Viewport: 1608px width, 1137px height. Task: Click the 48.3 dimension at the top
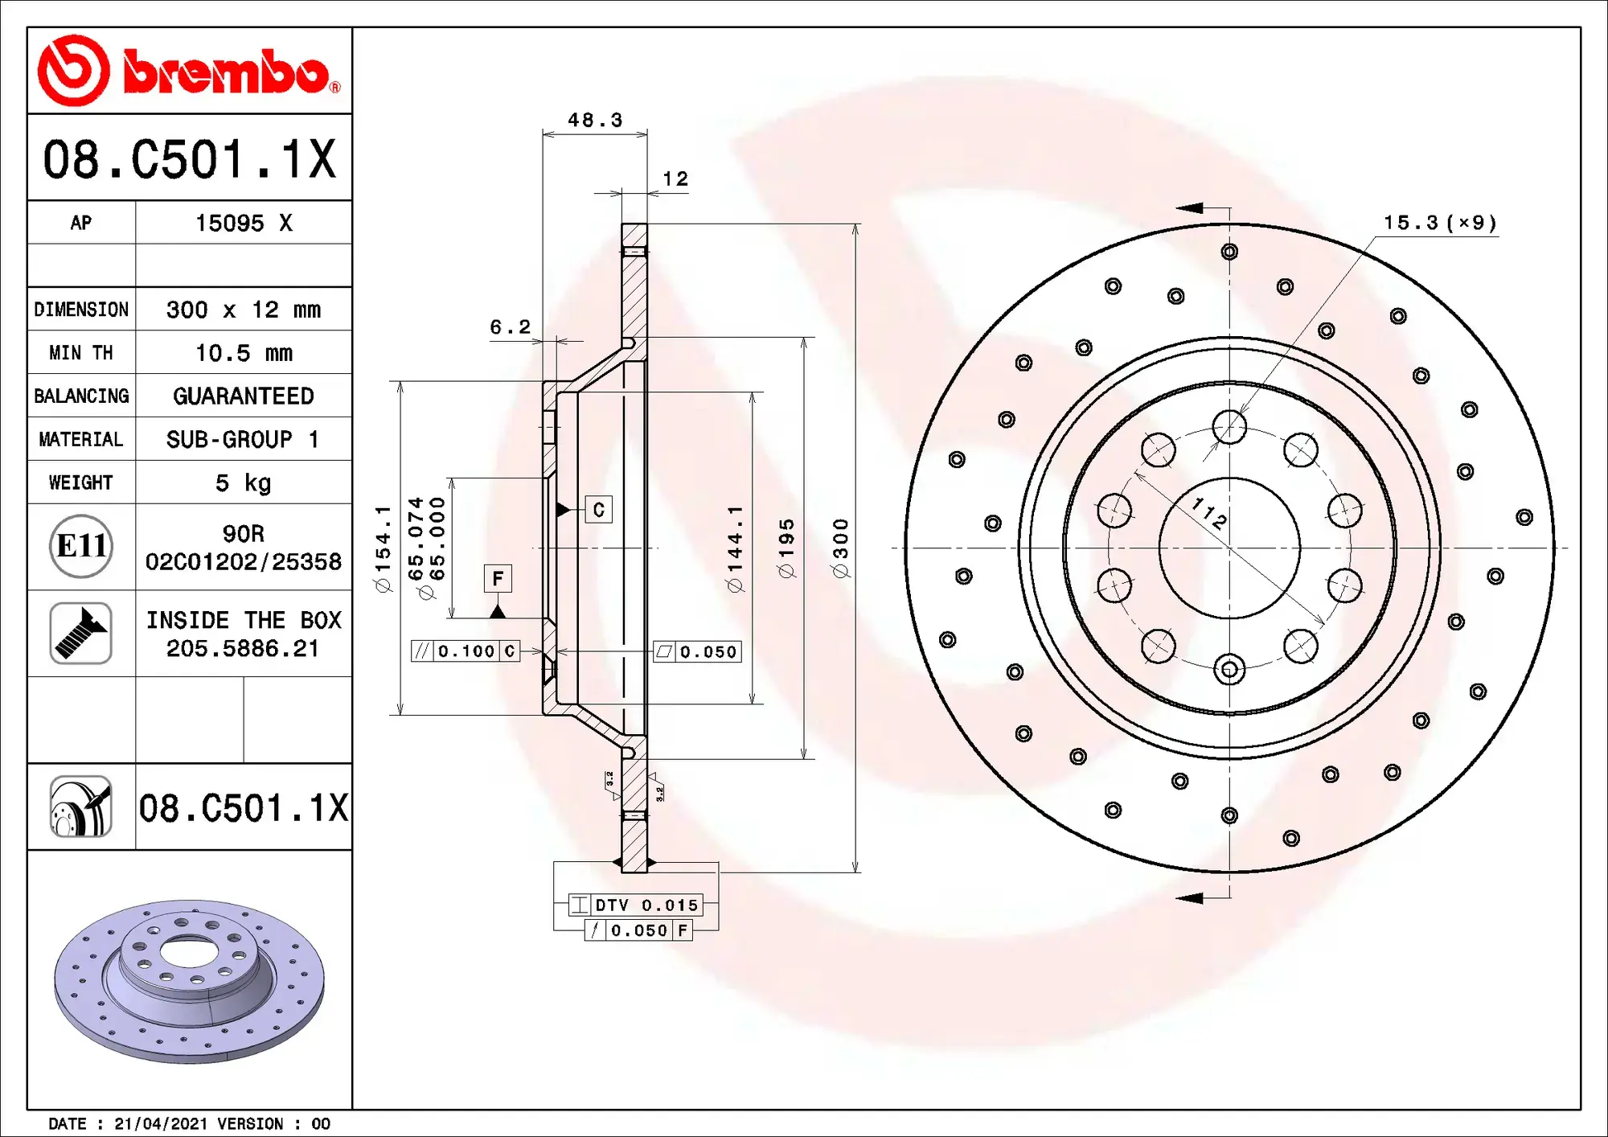[x=595, y=121]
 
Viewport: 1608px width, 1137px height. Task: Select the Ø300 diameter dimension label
[x=841, y=548]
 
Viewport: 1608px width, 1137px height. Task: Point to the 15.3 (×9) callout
[x=1439, y=223]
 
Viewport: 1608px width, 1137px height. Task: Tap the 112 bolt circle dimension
[x=1209, y=513]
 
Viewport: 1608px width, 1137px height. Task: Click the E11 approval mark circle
[x=80, y=547]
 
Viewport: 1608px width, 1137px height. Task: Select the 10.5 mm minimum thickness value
[x=244, y=353]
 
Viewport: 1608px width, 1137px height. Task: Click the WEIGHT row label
[x=80, y=482]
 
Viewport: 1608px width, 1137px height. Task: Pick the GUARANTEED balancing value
[x=244, y=396]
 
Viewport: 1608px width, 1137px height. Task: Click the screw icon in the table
[x=80, y=634]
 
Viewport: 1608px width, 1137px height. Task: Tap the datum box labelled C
[x=598, y=510]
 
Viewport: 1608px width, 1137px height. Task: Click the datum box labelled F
[x=498, y=578]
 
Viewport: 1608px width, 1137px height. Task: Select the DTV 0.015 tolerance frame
[x=636, y=905]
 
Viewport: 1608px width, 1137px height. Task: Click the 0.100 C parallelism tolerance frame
[x=466, y=651]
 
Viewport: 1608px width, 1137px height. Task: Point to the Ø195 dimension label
[x=786, y=548]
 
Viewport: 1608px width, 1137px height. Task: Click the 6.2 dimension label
[x=511, y=327]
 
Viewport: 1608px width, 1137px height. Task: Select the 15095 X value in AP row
[x=244, y=223]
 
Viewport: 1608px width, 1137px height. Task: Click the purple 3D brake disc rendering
[x=190, y=981]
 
